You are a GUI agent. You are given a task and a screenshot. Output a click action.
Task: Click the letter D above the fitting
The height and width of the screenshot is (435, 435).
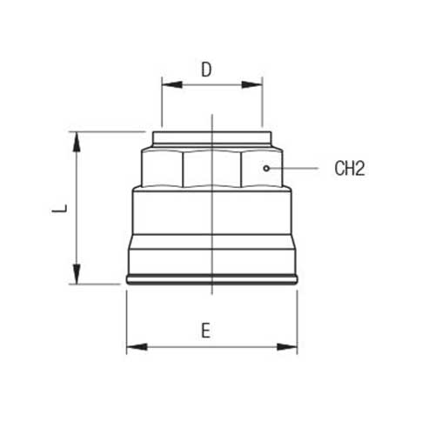pyautogui.click(x=206, y=70)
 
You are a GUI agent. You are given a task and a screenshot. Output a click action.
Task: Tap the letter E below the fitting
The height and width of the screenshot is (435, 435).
pyautogui.click(x=205, y=331)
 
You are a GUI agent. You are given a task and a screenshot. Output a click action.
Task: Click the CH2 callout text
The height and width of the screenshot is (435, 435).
pyautogui.click(x=349, y=168)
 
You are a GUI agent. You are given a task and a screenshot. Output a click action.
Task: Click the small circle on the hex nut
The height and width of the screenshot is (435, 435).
pyautogui.click(x=267, y=167)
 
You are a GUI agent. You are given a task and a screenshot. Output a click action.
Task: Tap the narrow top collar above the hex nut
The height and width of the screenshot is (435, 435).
pyautogui.click(x=211, y=137)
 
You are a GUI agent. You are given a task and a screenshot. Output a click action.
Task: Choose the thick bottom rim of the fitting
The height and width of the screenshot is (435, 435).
pyautogui.click(x=211, y=280)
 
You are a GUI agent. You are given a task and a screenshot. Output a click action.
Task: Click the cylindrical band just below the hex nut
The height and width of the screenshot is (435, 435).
pyautogui.click(x=211, y=213)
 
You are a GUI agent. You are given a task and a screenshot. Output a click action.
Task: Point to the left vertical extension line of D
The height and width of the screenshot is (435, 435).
pyautogui.click(x=161, y=104)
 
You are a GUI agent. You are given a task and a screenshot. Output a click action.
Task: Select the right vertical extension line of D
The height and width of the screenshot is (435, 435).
pyautogui.click(x=263, y=104)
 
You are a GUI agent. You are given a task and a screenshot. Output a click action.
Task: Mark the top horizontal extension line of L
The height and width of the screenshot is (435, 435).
pyautogui.click(x=109, y=131)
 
